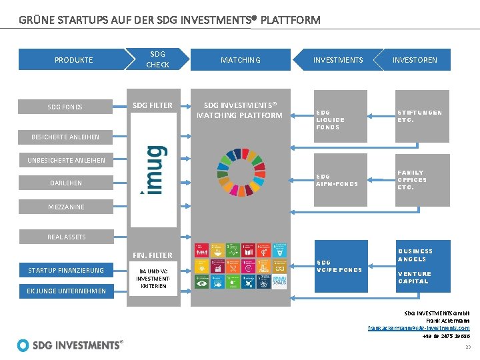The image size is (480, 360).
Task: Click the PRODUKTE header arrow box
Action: (73, 59)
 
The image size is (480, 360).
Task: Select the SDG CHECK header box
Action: (158, 59)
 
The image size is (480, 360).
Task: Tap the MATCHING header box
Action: (240, 59)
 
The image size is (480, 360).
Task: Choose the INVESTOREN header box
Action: (415, 59)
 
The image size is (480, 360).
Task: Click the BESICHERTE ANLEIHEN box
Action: (65, 137)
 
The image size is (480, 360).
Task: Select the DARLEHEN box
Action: (66, 183)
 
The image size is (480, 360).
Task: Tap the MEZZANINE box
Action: (66, 207)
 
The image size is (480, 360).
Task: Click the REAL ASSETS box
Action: (66, 237)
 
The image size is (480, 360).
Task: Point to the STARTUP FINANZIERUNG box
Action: (66, 270)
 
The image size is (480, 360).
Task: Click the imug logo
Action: (153, 169)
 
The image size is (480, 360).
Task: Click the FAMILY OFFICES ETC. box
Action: (415, 180)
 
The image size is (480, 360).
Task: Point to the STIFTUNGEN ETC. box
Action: (415, 116)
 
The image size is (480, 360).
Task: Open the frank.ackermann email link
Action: (419, 328)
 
